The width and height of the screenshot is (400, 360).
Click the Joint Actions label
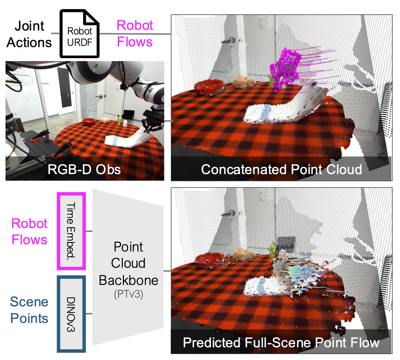click(29, 34)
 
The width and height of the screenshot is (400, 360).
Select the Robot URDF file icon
click(80, 34)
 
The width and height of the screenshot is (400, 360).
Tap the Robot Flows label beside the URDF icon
click(135, 33)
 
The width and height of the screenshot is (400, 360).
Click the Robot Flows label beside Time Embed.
click(29, 231)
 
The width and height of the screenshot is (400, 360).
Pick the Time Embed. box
click(71, 231)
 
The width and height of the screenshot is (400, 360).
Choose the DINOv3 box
click(71, 314)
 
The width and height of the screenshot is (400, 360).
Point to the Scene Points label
click(29, 310)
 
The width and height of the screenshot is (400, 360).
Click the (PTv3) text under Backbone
click(128, 294)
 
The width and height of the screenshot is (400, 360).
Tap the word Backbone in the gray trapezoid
click(128, 280)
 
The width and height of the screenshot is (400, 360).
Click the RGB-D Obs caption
click(84, 169)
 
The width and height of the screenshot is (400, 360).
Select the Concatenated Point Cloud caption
click(281, 169)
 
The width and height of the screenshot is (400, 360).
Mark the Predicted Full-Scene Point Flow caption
click(281, 342)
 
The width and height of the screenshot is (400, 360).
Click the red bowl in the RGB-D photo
click(88, 121)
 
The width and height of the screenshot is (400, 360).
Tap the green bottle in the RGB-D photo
click(120, 119)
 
